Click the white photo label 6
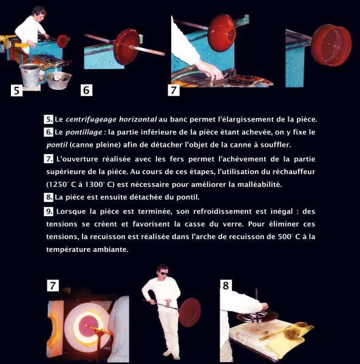coord(86,90)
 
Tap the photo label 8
coord(225,285)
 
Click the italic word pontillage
coord(84,132)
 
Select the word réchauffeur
coord(294,172)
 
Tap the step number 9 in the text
coord(49,212)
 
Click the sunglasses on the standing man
coord(164,274)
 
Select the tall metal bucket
coord(30,74)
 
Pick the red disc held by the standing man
coord(190,312)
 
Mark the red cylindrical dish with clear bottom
coord(331,45)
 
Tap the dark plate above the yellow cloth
coord(257,316)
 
